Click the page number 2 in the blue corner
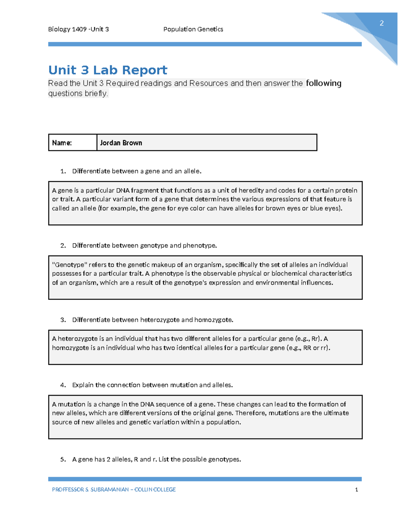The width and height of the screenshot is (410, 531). click(381, 23)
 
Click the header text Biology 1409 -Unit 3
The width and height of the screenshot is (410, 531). click(78, 29)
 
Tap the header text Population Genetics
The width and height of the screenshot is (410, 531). click(193, 29)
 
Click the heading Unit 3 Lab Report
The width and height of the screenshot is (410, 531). click(108, 70)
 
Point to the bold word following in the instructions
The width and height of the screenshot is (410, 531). click(323, 83)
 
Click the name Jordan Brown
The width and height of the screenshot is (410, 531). click(121, 143)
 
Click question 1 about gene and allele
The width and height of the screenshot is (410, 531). click(137, 171)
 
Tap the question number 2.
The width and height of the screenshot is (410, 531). click(63, 245)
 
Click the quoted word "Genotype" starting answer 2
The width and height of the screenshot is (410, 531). click(70, 265)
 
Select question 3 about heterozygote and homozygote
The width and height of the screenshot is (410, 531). click(152, 320)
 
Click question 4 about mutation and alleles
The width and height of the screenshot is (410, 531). click(152, 385)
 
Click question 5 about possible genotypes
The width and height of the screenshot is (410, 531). click(156, 460)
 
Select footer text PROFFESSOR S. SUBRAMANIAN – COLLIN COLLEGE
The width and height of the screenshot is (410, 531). click(114, 490)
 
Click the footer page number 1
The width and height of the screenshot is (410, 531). click(356, 490)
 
